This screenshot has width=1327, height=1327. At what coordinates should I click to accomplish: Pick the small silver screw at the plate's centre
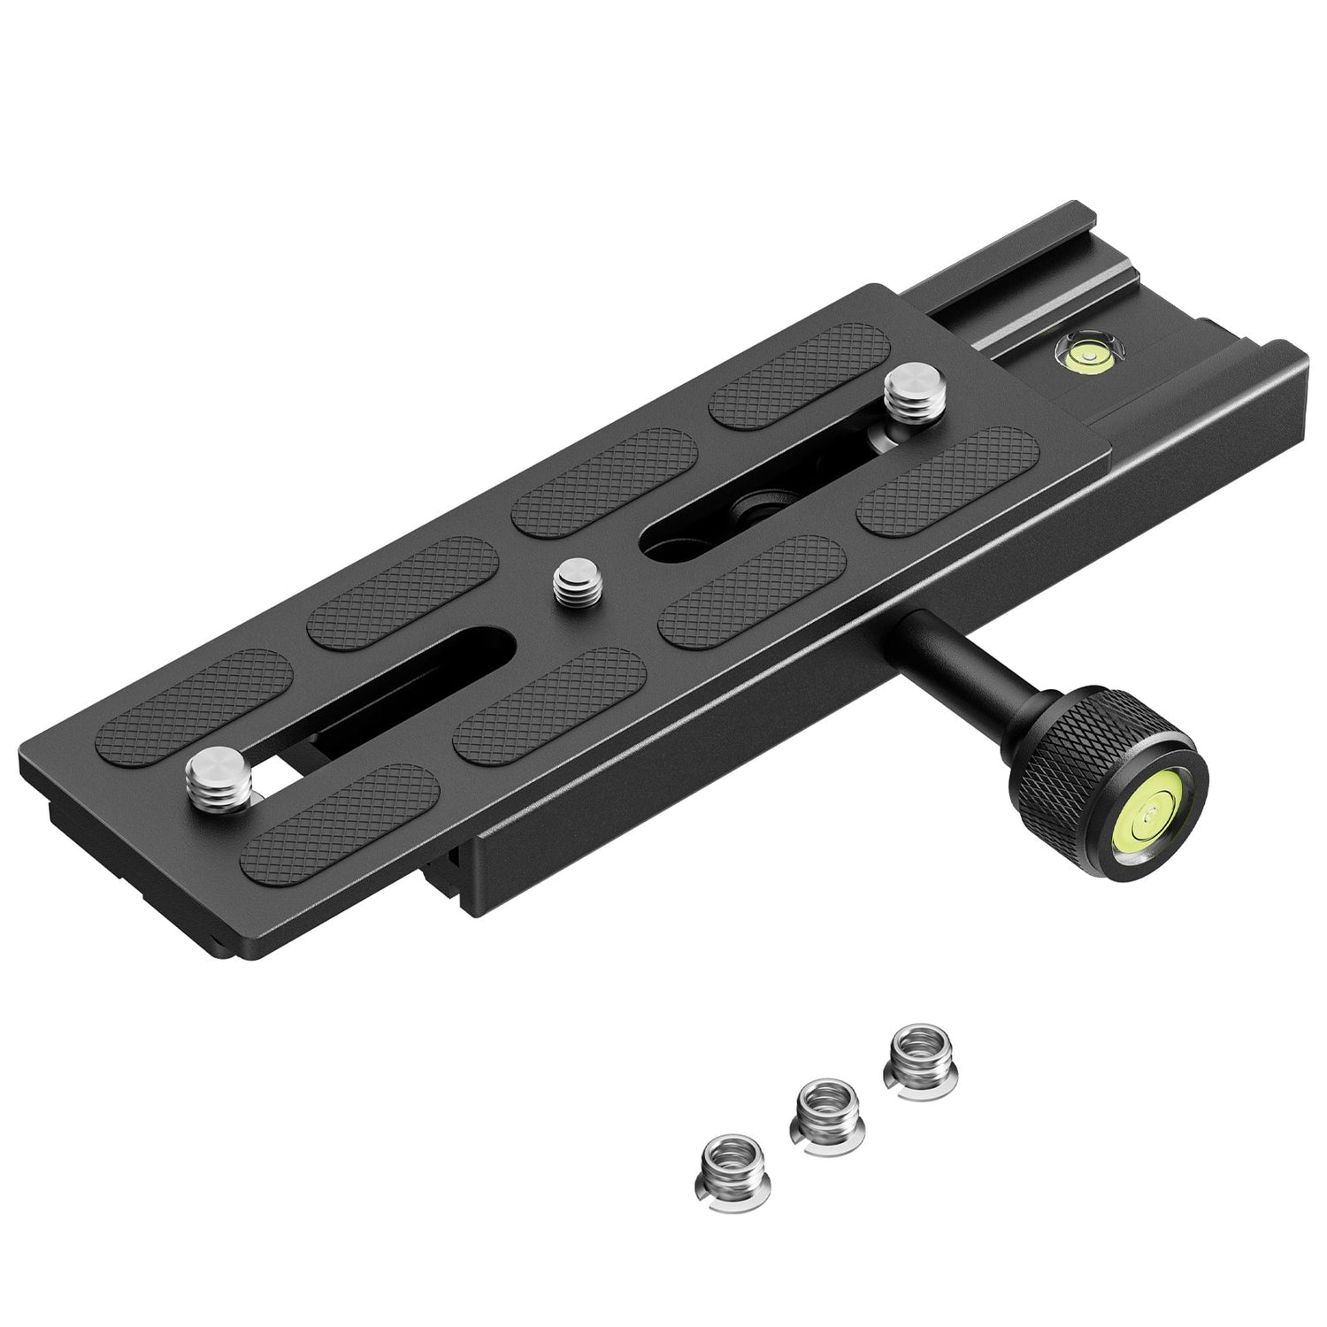coord(575,585)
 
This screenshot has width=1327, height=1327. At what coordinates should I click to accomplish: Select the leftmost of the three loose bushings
coord(728,1170)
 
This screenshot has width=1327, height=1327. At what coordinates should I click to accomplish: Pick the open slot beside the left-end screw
coord(398,708)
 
